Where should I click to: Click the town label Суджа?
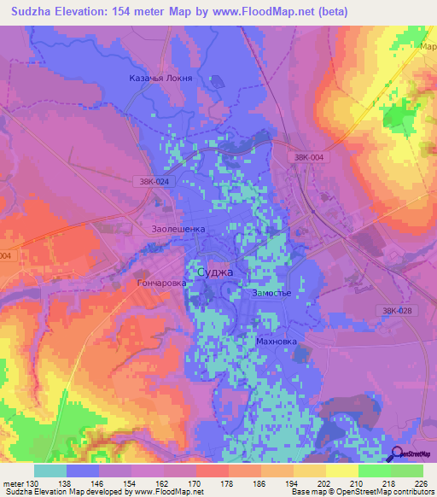click(214, 272)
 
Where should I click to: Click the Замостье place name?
click(272, 293)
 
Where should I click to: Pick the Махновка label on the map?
click(277, 341)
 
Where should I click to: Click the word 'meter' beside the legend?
click(13, 483)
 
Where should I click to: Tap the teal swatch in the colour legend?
click(50, 471)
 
